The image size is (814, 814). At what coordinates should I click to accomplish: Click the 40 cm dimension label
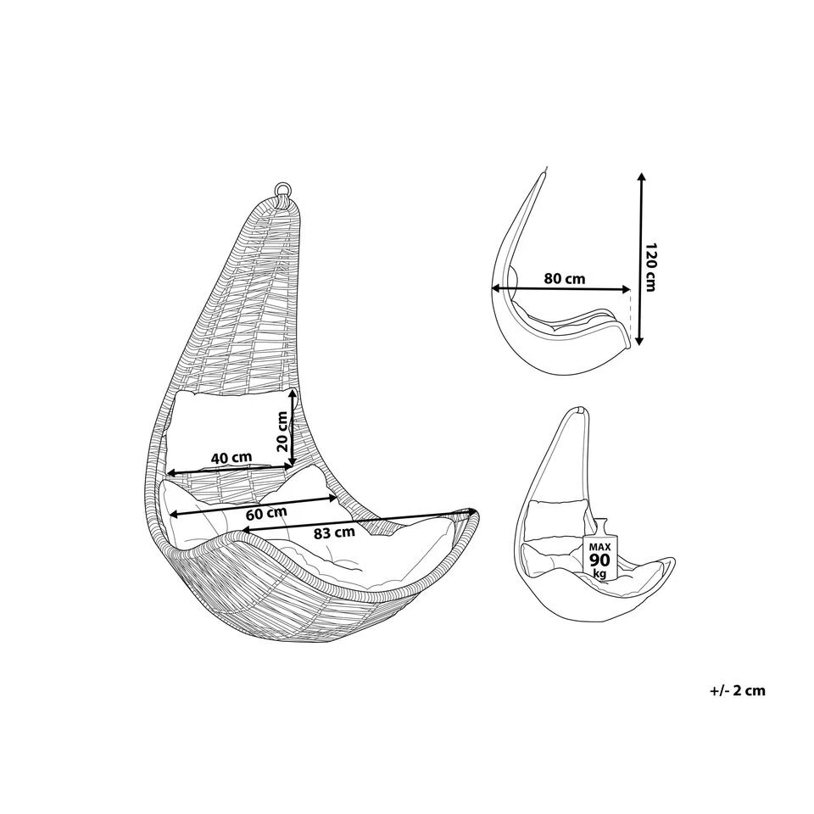[231, 458]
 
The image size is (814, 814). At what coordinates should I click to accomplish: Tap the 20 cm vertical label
[283, 431]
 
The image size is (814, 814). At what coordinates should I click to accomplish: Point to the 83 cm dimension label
[333, 533]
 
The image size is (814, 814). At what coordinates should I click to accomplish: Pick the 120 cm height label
[650, 267]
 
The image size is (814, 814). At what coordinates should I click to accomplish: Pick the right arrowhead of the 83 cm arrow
[468, 512]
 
